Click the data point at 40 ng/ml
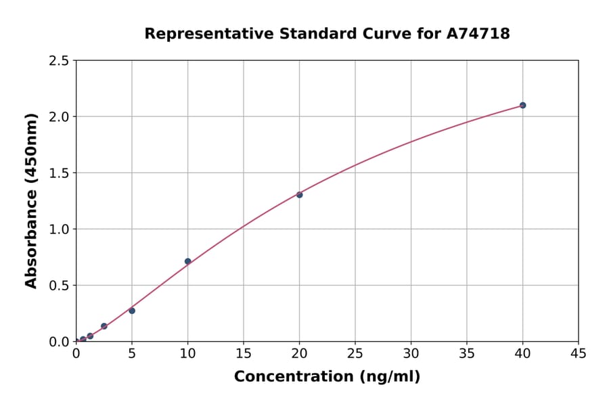(522, 106)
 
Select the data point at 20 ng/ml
(299, 195)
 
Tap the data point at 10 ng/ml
(187, 261)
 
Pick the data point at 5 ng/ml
(132, 311)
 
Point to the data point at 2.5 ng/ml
(104, 326)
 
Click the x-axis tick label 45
(579, 353)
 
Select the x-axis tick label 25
(355, 353)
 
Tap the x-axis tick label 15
(244, 353)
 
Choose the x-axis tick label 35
(467, 353)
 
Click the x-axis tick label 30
(411, 353)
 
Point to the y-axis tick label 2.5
(59, 61)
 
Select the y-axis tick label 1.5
(59, 173)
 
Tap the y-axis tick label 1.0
(59, 229)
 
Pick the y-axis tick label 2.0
(59, 117)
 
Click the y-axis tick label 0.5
(59, 286)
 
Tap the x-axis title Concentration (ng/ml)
(327, 377)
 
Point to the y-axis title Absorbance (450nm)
(31, 201)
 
